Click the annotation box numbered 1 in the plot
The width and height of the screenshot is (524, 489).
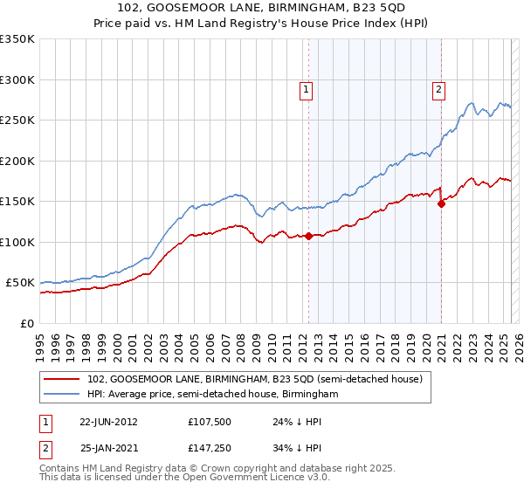(307, 88)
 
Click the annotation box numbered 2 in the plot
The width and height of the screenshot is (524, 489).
(438, 88)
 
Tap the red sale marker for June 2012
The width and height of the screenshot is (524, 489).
(308, 236)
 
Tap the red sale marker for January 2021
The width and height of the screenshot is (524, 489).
(441, 203)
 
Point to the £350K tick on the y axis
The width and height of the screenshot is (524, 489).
(17, 39)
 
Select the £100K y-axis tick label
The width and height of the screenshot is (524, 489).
(17, 242)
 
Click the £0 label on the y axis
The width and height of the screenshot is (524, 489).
(27, 323)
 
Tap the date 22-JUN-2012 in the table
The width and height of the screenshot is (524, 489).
(108, 421)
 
